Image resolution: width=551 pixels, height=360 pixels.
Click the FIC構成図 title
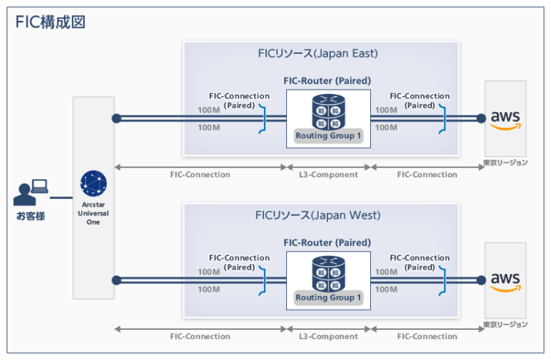coord(51,22)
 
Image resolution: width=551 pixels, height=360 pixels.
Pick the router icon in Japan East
coord(328,111)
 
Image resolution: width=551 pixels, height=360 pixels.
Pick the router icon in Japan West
coord(328,273)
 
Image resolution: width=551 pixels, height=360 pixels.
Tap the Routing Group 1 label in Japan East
coord(329,136)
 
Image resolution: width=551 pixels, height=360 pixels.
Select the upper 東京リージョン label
coord(505,163)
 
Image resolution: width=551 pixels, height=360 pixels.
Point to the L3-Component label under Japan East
coord(329,174)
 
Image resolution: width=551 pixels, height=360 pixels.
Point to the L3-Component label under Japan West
coord(329,336)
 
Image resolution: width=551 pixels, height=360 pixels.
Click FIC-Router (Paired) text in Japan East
coord(328,81)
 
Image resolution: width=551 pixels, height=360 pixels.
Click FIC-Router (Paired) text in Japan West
coord(328,243)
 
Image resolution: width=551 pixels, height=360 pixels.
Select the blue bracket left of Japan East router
coord(265,119)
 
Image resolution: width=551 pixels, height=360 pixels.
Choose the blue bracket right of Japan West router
coord(442,280)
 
